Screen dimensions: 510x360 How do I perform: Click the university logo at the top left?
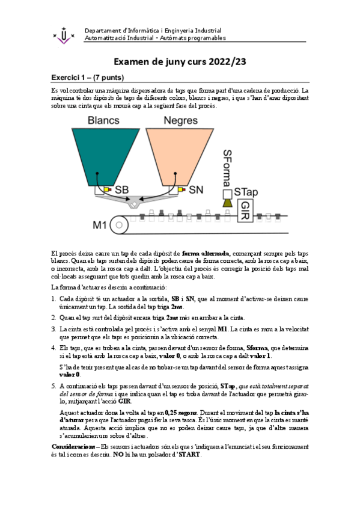[x=64, y=34]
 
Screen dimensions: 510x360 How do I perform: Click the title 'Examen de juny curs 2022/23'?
[x=180, y=62]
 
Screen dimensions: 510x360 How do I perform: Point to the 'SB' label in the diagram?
[x=123, y=190]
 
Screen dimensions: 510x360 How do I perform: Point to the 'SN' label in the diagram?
[x=195, y=190]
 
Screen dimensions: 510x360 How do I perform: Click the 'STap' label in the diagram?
[x=246, y=192]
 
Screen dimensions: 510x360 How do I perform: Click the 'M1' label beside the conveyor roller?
[x=100, y=226]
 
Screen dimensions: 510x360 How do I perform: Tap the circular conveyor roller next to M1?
[x=119, y=226]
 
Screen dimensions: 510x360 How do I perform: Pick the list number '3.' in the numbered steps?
[x=54, y=329]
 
